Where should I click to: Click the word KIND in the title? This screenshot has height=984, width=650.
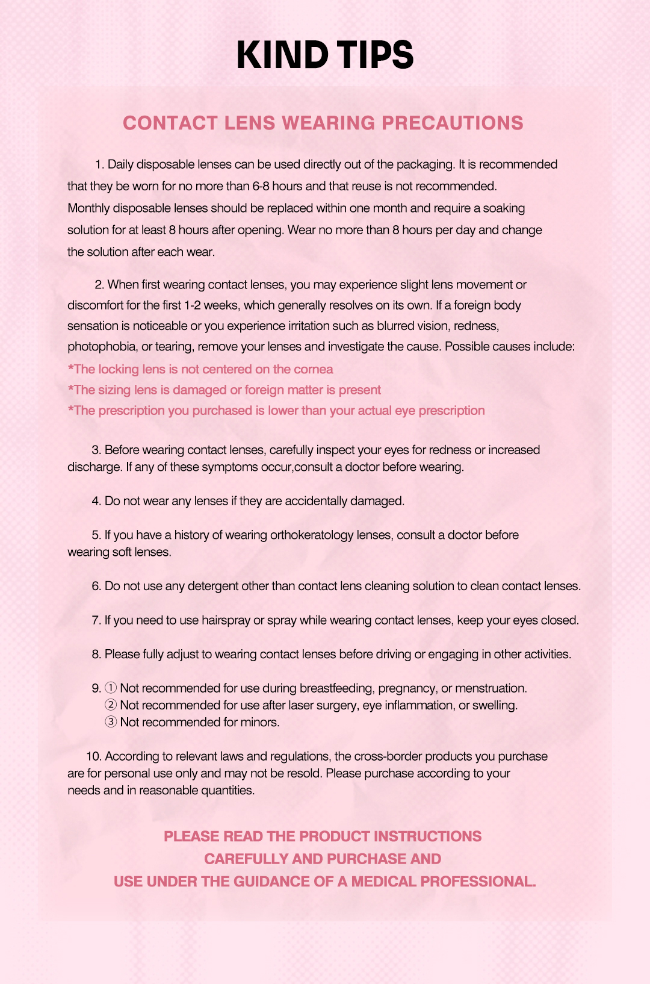click(x=282, y=55)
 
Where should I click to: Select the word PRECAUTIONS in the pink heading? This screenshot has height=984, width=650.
click(x=453, y=123)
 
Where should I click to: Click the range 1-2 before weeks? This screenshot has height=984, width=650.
click(x=193, y=305)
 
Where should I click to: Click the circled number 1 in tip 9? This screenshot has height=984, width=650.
click(x=111, y=688)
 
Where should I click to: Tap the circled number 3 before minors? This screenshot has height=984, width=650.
click(x=111, y=722)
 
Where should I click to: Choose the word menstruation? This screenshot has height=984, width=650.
click(x=491, y=688)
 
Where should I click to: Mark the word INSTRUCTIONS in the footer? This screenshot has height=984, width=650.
click(x=427, y=836)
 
